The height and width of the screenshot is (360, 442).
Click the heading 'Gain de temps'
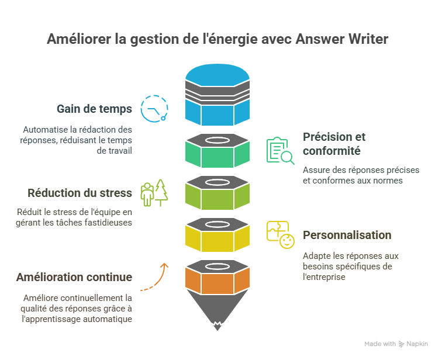coord(94,109)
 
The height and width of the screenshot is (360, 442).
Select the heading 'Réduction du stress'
coord(80,193)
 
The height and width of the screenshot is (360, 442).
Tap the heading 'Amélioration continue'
coord(74,277)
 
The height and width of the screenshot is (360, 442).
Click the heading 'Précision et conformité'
coord(334,144)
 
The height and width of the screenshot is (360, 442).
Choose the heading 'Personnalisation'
coord(347,235)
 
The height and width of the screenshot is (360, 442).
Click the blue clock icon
coord(154,109)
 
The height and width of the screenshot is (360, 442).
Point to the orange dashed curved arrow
coord(155,277)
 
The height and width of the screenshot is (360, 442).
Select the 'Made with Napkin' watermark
coord(396,344)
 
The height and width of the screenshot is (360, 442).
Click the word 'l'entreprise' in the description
coord(324,276)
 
